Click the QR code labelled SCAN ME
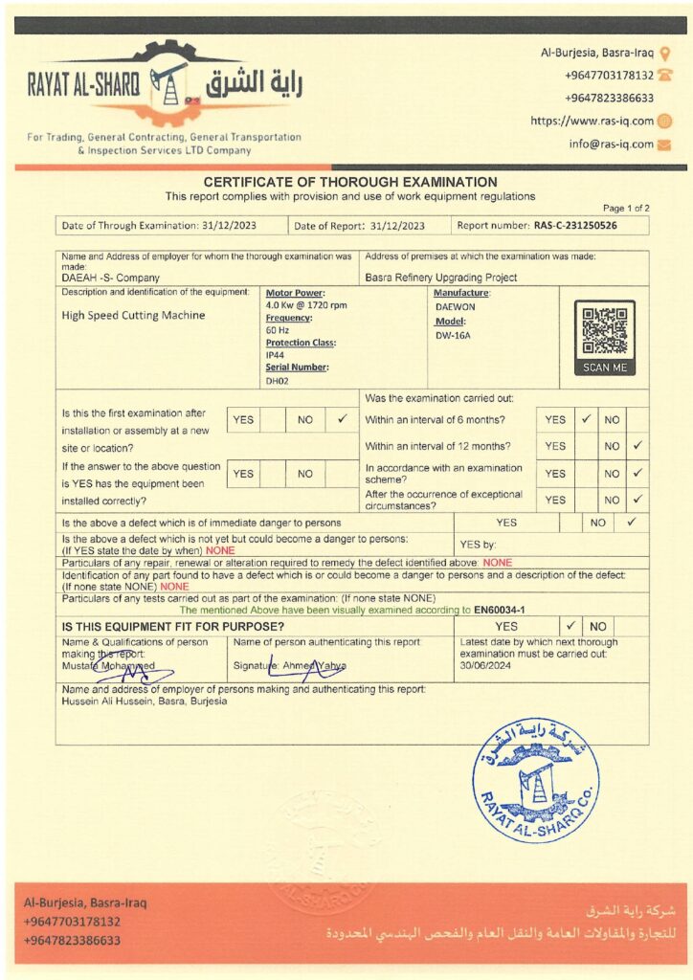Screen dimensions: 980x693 [604, 338]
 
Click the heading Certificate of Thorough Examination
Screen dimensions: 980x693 [350, 182]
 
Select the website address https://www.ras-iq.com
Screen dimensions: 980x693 [592, 121]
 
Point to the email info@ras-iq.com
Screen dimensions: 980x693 [611, 145]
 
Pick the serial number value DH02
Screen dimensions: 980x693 [276, 380]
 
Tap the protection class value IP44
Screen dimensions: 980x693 [275, 354]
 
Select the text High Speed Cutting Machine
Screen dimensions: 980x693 [133, 314]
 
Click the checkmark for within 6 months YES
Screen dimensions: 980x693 [585, 419]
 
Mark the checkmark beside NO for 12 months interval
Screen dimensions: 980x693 [637, 445]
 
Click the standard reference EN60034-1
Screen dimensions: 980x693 [499, 609]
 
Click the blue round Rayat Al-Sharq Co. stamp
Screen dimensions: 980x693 [536, 782]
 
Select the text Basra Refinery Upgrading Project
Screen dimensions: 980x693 [440, 278]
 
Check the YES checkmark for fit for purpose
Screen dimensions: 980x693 [570, 626]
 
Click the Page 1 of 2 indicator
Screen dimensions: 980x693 [626, 208]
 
